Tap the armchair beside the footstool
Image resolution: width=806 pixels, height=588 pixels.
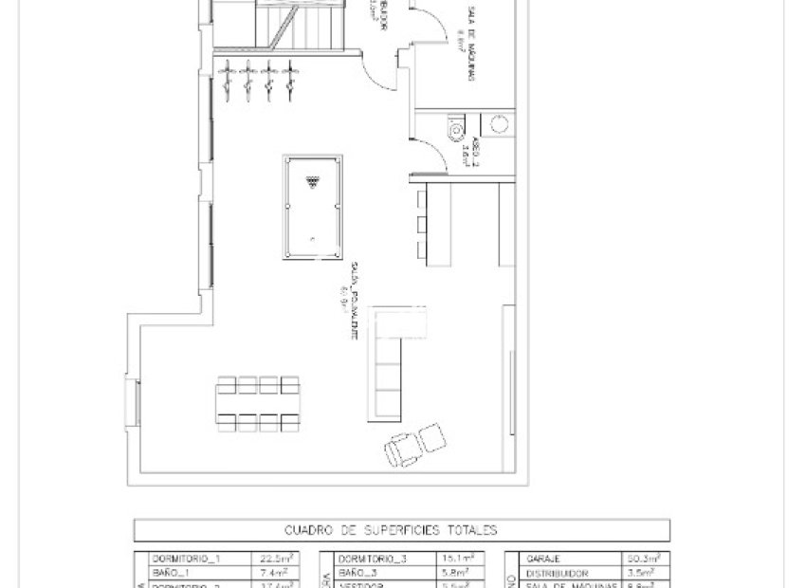[402, 448]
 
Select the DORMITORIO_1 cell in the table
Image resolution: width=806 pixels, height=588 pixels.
[191, 560]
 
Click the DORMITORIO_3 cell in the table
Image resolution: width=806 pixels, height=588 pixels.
[374, 560]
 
